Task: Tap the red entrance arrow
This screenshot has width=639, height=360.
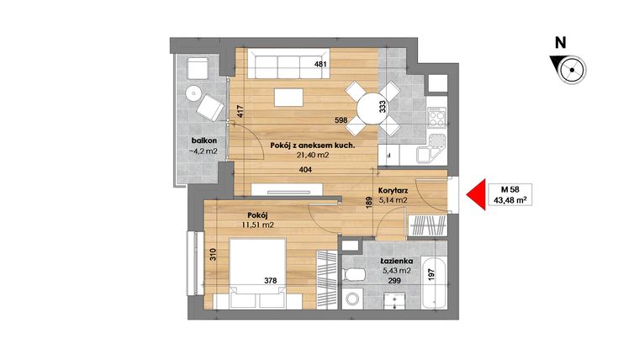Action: coord(476,195)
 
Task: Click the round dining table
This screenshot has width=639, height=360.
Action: coord(370,107)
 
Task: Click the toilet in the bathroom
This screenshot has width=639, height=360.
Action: coord(353,274)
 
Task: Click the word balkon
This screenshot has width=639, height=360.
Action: coord(204,140)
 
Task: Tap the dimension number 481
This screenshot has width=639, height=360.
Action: coord(319,64)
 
